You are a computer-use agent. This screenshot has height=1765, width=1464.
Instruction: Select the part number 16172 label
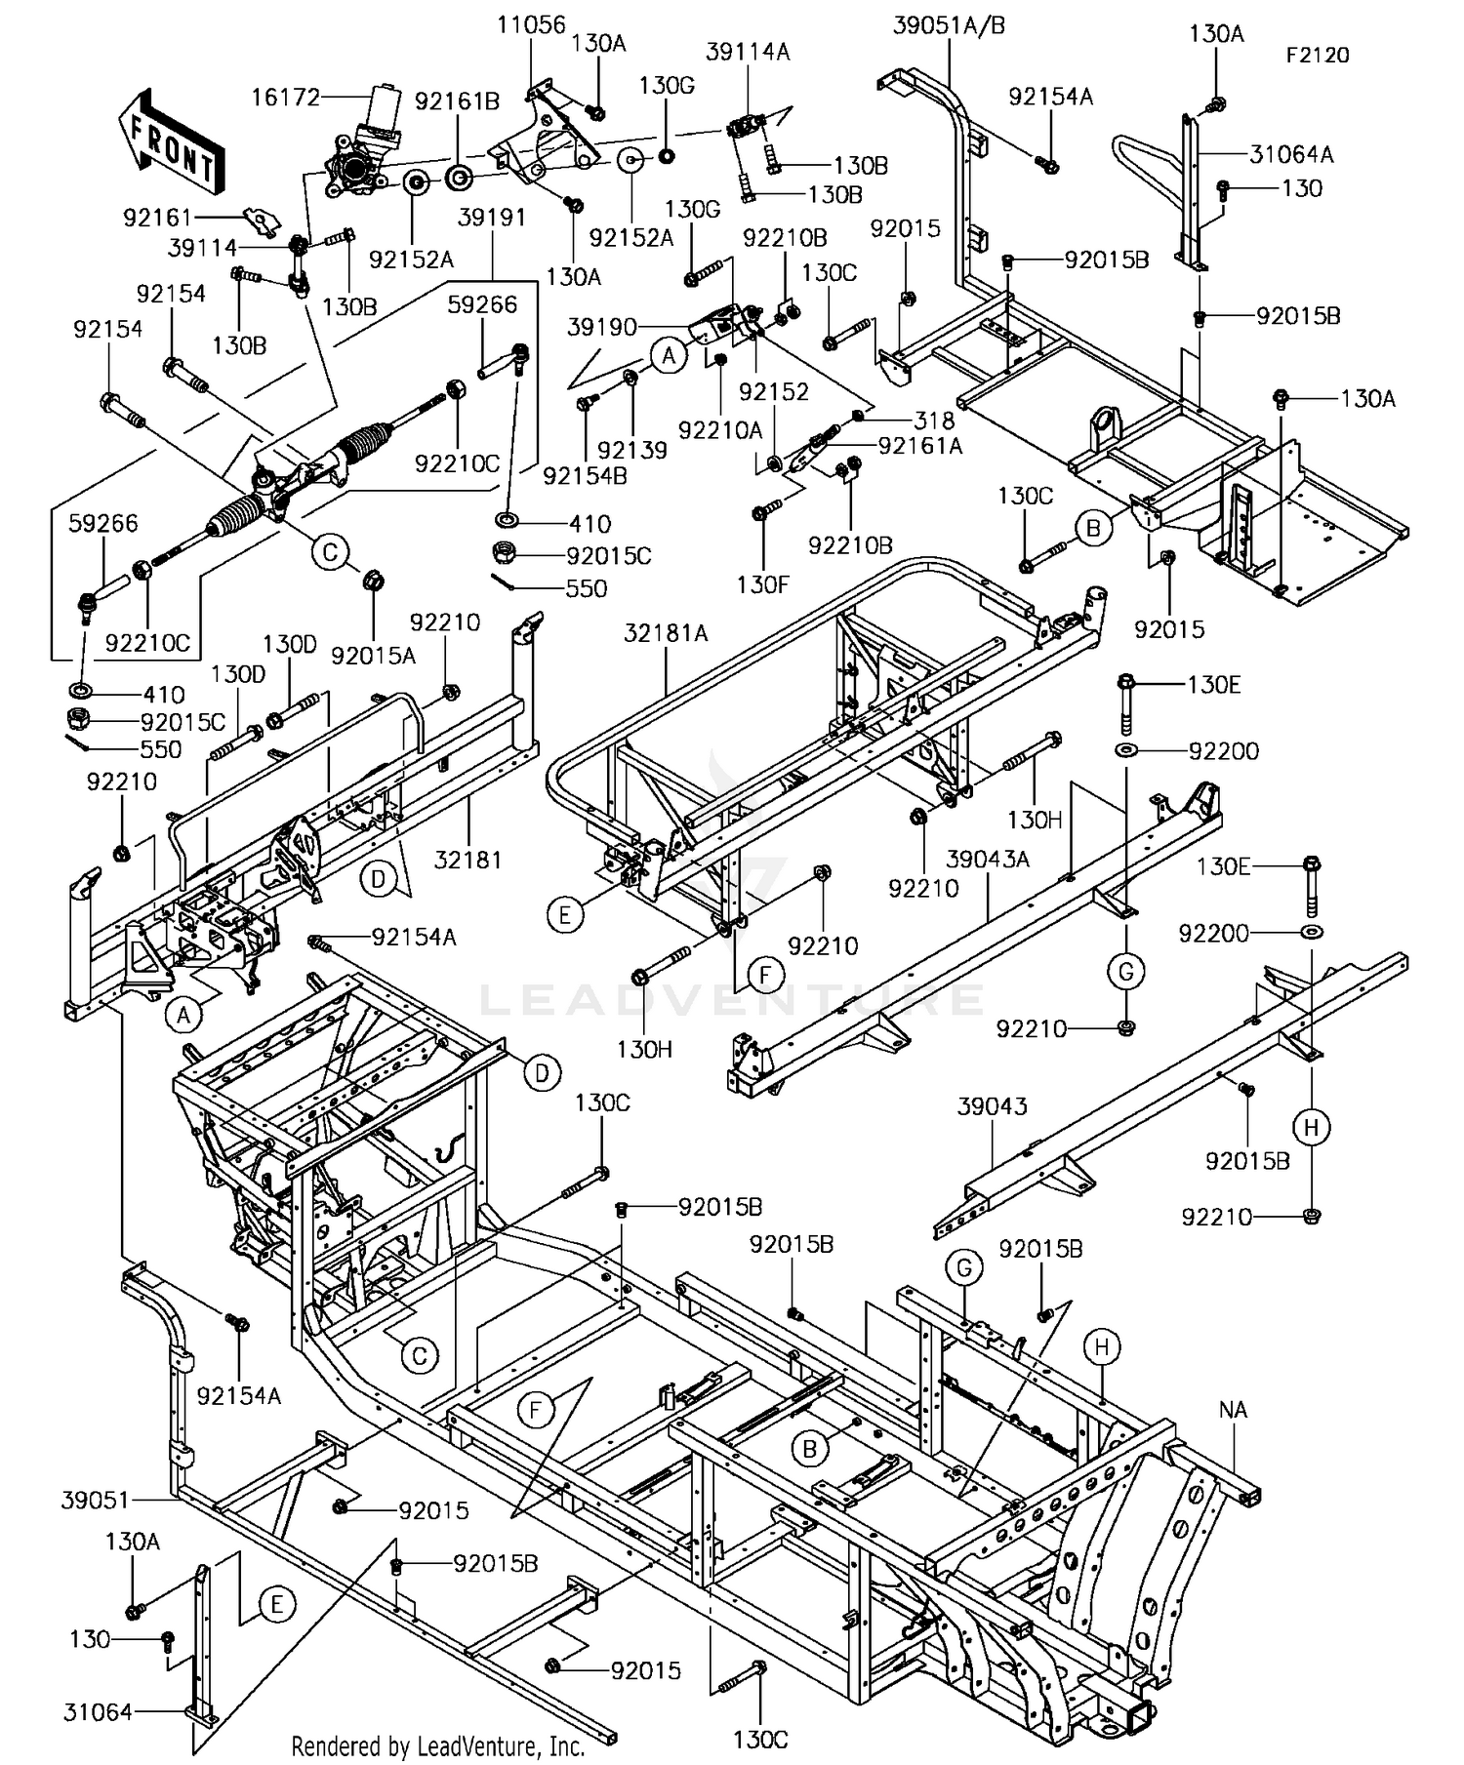(x=286, y=97)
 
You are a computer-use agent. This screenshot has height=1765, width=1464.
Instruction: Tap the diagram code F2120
(x=1317, y=56)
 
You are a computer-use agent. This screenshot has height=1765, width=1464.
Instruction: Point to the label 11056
(x=531, y=24)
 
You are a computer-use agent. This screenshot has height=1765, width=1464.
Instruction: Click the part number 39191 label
(x=492, y=217)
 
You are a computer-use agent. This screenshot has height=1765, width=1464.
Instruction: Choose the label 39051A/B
(x=949, y=25)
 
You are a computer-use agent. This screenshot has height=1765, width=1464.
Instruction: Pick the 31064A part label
(x=1291, y=153)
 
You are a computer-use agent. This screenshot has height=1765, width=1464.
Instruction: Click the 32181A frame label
(x=667, y=633)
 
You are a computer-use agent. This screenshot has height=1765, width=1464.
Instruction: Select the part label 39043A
(x=988, y=859)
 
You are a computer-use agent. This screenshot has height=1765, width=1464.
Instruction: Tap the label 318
(x=934, y=421)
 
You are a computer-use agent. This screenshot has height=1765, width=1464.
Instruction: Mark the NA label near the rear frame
(x=1233, y=1410)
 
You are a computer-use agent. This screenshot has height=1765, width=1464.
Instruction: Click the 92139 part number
(x=632, y=450)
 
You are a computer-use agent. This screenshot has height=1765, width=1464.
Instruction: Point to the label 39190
(x=602, y=327)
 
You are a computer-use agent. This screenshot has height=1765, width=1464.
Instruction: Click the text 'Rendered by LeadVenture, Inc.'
(x=438, y=1745)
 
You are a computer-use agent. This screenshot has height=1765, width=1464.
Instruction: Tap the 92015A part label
(x=373, y=656)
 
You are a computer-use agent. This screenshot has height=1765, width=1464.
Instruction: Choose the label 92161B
(x=457, y=101)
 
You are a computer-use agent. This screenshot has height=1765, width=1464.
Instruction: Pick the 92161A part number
(x=920, y=446)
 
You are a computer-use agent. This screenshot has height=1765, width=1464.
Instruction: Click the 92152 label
(x=774, y=391)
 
